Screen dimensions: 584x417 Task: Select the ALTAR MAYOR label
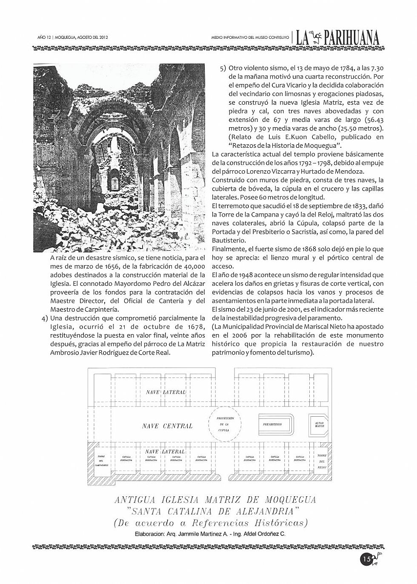coord(320,424)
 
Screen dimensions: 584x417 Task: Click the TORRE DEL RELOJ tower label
coord(321,461)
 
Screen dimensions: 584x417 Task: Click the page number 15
coord(366,560)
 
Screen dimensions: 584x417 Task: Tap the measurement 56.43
coord(375,120)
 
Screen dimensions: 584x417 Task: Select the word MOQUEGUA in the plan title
coord(290,499)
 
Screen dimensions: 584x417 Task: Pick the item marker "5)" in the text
coord(223,68)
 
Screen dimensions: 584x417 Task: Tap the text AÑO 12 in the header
coord(44,37)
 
